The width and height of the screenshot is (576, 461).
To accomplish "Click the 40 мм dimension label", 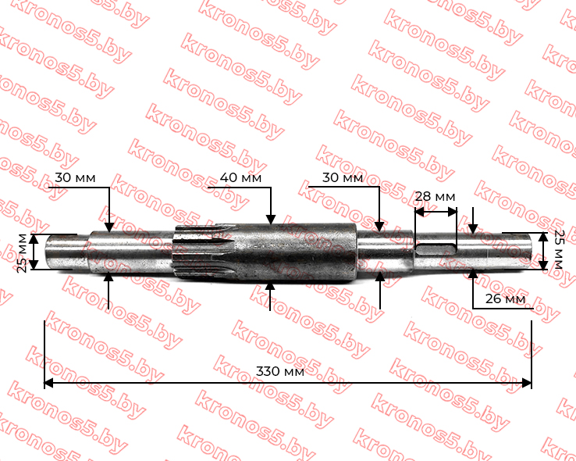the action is coord(240,178).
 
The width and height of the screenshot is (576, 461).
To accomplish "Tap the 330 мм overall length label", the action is coord(280,371).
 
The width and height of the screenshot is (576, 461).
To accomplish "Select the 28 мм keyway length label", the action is coord(435,197).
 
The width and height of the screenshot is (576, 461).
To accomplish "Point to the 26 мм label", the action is coord(505,298).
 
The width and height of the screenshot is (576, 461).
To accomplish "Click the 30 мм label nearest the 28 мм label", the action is coord(343,178).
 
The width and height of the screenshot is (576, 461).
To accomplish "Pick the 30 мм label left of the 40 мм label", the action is coord(75,178).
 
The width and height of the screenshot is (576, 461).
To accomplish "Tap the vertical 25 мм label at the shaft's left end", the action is coord(22,253).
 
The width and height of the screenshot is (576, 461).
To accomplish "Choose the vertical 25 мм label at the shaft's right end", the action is coord(558,249).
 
